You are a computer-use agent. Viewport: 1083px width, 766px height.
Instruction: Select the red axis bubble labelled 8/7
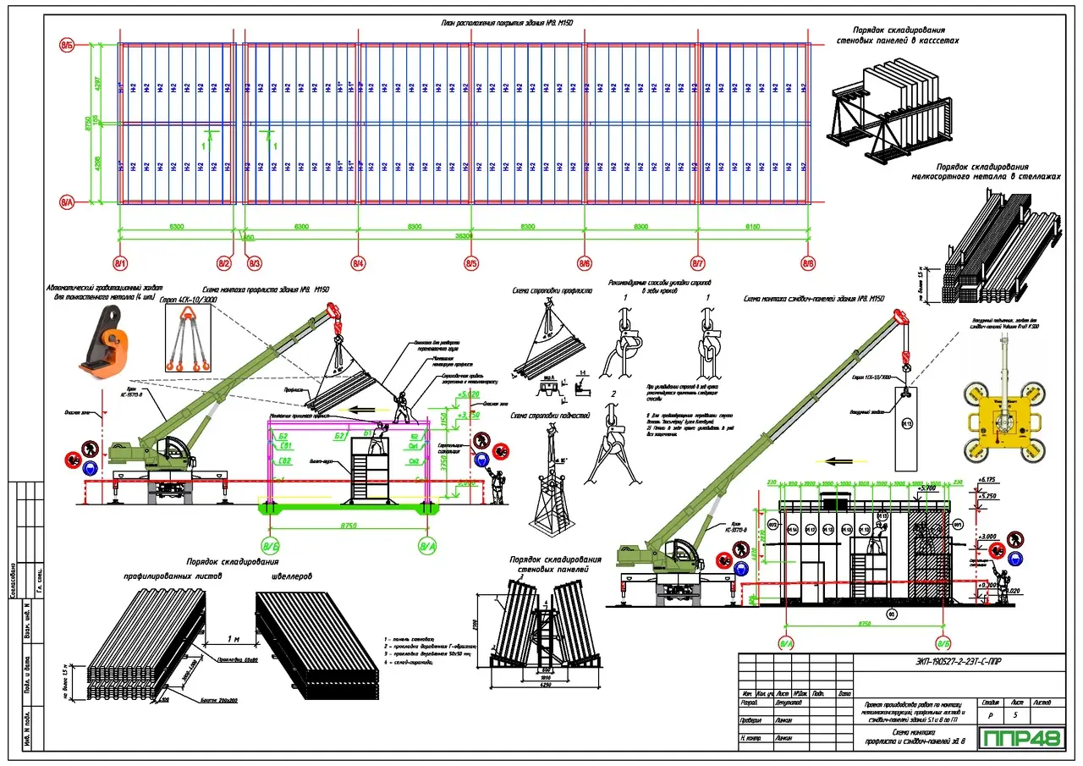[x=698, y=264]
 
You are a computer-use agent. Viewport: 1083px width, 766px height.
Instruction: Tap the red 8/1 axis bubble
[x=119, y=264]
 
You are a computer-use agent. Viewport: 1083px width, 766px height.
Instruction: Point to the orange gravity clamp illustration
[x=99, y=341]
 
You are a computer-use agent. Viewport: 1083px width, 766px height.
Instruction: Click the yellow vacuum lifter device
[x=1003, y=420]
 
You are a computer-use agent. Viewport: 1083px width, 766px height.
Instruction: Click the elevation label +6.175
[x=986, y=480]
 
